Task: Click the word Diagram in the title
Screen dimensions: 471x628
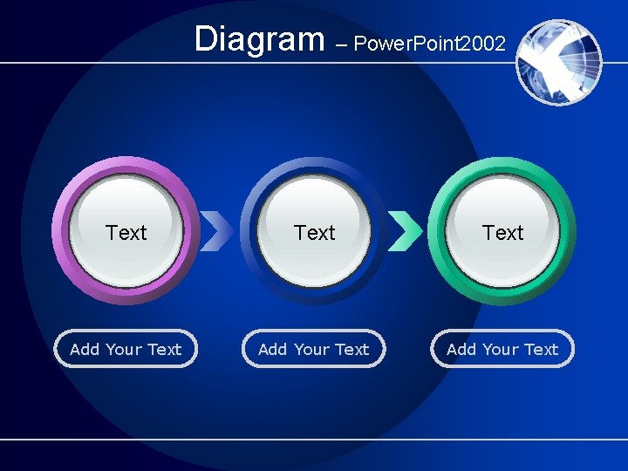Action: pos(258,39)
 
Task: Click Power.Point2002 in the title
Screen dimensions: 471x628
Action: pos(429,44)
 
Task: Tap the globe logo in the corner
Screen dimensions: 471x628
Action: pos(558,62)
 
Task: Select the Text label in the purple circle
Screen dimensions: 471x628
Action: pos(126,233)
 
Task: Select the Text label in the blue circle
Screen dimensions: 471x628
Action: pos(315,233)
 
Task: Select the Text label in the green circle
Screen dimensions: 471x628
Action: pos(503,233)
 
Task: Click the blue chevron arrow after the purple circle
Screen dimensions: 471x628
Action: pos(216,231)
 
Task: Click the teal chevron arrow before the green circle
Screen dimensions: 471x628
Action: pos(404,231)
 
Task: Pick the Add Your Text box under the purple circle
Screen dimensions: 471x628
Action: pos(126,349)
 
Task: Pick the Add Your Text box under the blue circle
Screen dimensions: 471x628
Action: pos(314,349)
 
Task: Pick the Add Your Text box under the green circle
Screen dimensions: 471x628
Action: pos(502,349)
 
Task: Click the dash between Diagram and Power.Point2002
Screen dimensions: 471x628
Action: pos(339,44)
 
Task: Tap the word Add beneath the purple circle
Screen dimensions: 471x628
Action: pos(85,349)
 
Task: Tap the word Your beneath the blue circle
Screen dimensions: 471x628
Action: pos(312,349)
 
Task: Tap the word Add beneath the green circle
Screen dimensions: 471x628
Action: pos(461,349)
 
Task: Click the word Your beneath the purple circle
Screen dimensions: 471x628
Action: pos(124,349)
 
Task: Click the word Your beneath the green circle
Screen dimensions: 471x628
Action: pos(501,349)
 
